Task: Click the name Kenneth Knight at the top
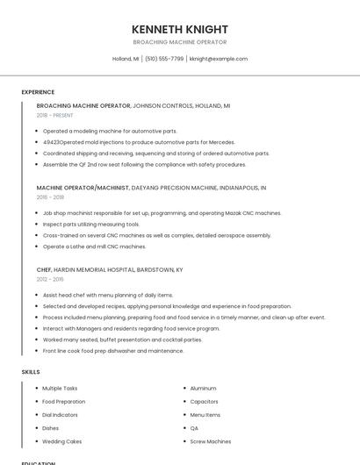pos(179,29)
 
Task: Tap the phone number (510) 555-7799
pos(164,59)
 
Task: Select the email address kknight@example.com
pos(219,59)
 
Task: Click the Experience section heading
pos(38,92)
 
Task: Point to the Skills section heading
pos(31,372)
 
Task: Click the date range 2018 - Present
pos(54,115)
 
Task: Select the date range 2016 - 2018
pos(50,197)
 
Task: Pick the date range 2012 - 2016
pos(50,279)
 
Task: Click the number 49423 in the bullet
pos(51,142)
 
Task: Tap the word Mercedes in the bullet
pos(221,142)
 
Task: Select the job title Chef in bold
pos(44,269)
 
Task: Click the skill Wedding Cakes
pos(61,441)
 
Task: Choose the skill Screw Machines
pos(211,441)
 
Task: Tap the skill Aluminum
pos(203,388)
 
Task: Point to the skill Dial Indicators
pos(61,414)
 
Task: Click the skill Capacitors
pos(204,401)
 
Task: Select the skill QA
pos(194,428)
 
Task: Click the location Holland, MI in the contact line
pos(125,59)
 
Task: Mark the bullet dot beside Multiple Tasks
pos(35,388)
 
